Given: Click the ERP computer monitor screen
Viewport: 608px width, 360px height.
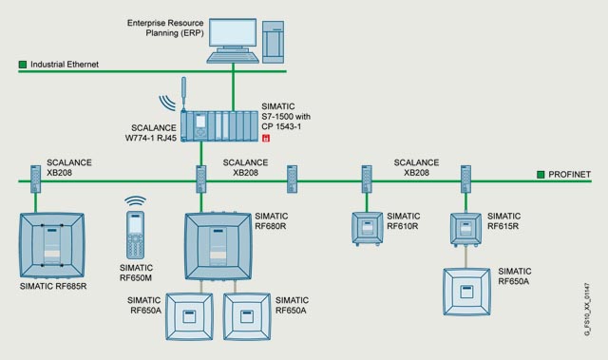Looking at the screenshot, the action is [233, 33].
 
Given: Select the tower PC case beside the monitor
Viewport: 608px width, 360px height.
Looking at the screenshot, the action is [273, 42].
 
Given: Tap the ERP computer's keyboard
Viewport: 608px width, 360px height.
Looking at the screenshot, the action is [233, 57].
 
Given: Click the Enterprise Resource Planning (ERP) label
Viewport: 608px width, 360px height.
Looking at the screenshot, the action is [165, 28].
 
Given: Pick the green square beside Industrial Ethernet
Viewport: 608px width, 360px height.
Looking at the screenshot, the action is [23, 65].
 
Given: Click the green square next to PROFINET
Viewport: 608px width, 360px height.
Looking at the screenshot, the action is [541, 175].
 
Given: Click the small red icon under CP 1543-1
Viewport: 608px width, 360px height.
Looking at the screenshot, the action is [266, 138].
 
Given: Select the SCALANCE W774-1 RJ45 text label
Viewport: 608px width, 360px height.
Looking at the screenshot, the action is [150, 133].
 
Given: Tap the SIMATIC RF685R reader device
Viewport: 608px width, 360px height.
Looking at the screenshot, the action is [52, 245].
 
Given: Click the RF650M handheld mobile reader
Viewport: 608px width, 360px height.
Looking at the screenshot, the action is [135, 235].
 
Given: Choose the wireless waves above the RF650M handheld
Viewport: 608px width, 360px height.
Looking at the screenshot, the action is [135, 201].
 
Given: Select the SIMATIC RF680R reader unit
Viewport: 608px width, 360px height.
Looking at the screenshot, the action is [218, 246].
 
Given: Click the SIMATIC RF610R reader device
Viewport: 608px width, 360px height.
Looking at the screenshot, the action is [367, 228].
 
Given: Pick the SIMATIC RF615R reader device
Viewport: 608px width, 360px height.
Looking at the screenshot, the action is [465, 229].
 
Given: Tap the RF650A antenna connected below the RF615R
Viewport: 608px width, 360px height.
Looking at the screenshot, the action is [466, 292].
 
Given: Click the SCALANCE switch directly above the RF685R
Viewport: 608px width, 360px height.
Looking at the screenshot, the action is [36, 179].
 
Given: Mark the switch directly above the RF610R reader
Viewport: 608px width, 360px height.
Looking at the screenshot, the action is [367, 179].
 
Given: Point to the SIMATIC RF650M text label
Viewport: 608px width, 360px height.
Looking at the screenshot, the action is [136, 273].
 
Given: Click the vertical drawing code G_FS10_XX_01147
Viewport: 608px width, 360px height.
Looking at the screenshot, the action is [587, 309].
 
